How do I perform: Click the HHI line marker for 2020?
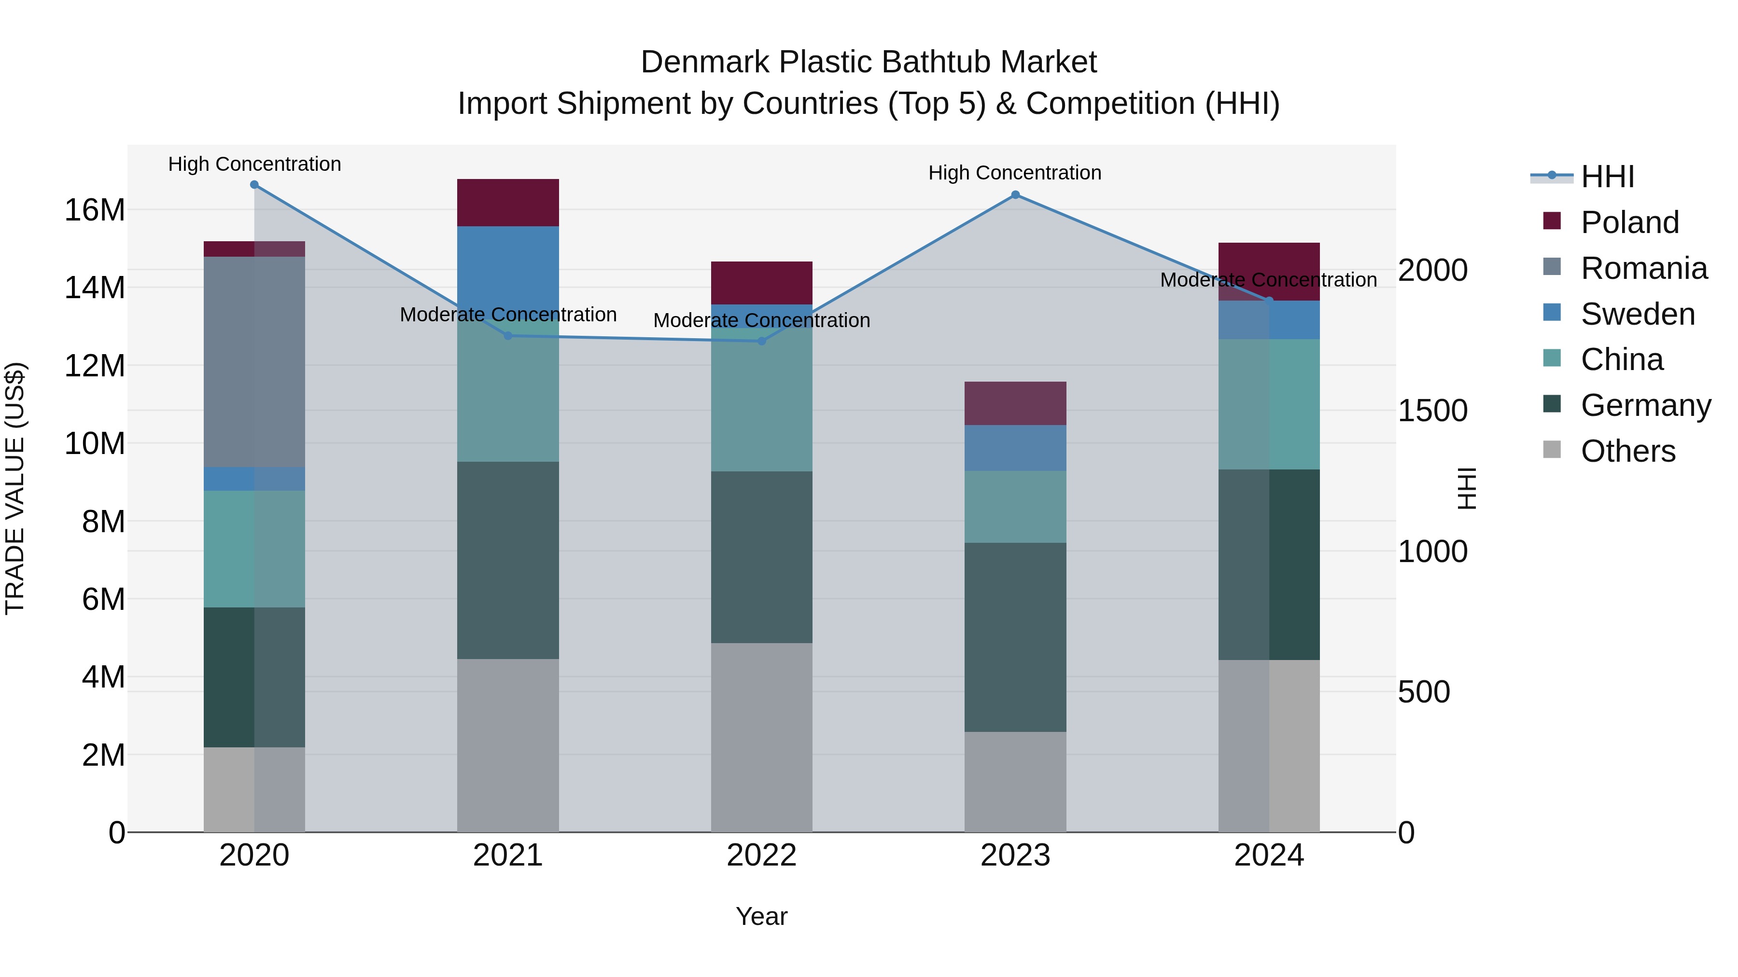click(254, 185)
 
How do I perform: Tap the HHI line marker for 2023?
click(1015, 195)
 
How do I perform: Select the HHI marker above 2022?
click(762, 341)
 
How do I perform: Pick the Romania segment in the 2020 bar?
click(254, 361)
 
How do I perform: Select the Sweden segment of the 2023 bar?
click(1015, 448)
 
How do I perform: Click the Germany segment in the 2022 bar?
click(762, 557)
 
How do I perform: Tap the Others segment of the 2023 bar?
click(1015, 782)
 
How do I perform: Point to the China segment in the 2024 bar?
click(1269, 405)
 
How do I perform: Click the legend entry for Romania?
click(1643, 268)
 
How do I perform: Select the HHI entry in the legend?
click(1607, 177)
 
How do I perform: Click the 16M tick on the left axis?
click(95, 210)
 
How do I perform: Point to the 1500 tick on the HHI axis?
click(1432, 411)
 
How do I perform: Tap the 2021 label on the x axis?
click(508, 855)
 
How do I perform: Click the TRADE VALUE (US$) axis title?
click(15, 488)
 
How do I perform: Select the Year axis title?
click(762, 916)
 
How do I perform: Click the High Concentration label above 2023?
click(1015, 173)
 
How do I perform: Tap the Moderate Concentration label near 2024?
click(1268, 280)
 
